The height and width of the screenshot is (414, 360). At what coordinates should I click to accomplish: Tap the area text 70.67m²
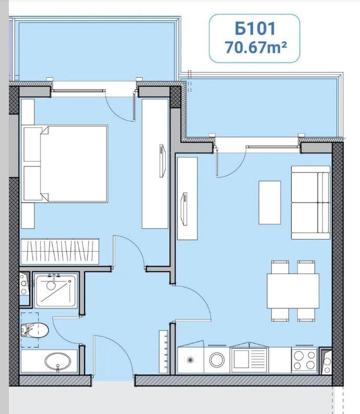pyautogui.click(x=256, y=48)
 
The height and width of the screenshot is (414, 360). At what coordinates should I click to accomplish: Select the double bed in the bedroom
pyautogui.click(x=65, y=164)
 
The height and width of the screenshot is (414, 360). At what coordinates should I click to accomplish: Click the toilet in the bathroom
pyautogui.click(x=34, y=330)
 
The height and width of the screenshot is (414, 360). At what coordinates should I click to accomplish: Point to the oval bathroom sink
pyautogui.click(x=57, y=362)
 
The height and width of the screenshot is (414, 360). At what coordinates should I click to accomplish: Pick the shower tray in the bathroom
pyautogui.click(x=56, y=291)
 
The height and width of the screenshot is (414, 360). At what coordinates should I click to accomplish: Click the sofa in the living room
pyautogui.click(x=310, y=203)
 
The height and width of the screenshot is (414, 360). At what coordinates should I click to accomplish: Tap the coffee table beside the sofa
pyautogui.click(x=270, y=203)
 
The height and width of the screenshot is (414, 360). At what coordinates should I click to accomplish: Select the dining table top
pyautogui.click(x=293, y=291)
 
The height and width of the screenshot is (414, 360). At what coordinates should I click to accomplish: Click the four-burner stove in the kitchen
pyautogui.click(x=304, y=359)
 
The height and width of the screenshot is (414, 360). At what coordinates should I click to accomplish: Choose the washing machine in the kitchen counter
pyautogui.click(x=217, y=360)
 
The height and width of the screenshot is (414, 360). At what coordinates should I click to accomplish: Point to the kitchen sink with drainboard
pyautogui.click(x=249, y=359)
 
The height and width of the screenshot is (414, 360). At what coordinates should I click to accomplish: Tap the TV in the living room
pyautogui.click(x=184, y=209)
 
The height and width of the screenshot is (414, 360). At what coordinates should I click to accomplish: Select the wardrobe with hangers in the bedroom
pyautogui.click(x=60, y=252)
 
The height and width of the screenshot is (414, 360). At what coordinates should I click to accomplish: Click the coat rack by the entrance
pyautogui.click(x=164, y=351)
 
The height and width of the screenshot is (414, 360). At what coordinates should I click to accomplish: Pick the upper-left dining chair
pyautogui.click(x=280, y=267)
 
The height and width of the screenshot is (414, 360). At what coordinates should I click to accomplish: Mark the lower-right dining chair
pyautogui.click(x=306, y=315)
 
